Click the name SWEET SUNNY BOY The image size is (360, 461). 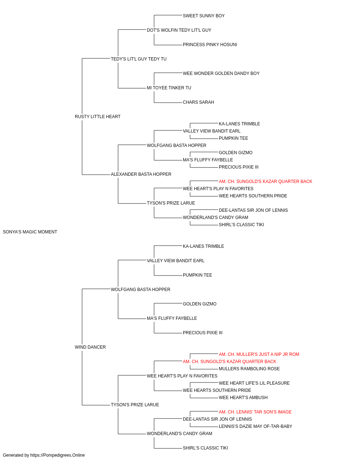tap(203, 16)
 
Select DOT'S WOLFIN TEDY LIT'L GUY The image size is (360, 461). tap(179, 30)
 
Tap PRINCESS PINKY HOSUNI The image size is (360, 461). tap(210, 45)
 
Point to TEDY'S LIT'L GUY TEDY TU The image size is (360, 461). tap(139, 59)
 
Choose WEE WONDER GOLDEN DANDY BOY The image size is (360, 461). tap(221, 73)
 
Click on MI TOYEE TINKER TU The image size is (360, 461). tap(169, 88)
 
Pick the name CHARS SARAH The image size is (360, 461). tap(198, 103)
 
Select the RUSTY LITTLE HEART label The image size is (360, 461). tap(98, 117)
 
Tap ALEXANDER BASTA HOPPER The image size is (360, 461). tap(141, 174)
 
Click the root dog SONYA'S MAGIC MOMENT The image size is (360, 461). tap(30, 232)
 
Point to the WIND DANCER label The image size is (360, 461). tap(90, 347)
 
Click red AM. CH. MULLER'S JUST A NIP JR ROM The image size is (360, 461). tap(259, 354)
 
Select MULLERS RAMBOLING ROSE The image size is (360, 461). tap(249, 369)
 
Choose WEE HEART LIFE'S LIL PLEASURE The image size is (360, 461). tap(254, 383)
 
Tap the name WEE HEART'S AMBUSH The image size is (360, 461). tap(243, 398)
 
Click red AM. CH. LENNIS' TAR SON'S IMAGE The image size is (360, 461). tap(255, 412)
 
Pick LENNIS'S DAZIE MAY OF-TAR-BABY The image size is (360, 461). tap(256, 427)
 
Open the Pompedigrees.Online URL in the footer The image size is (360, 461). tap(57, 456)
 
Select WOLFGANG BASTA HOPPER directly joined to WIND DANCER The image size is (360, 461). tap(140, 290)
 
